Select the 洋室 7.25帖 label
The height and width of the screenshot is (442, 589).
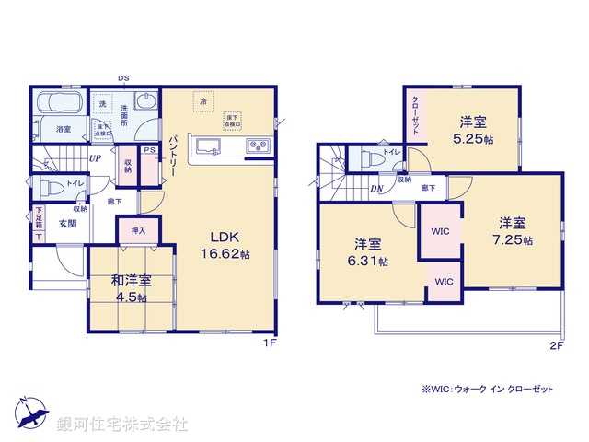click(513, 229)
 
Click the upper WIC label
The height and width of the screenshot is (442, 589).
click(441, 231)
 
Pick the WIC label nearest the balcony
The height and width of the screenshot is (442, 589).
click(444, 281)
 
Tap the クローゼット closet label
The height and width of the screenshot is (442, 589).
click(415, 115)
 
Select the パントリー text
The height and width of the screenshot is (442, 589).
click(171, 154)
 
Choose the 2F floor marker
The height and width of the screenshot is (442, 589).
click(556, 345)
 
